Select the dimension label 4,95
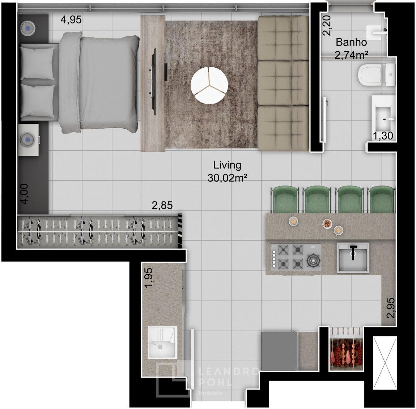tap(71, 20)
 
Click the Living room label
tap(228, 165)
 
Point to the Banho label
tap(351, 42)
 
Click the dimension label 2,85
tap(162, 205)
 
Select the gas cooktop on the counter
tap(296, 257)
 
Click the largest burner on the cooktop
tap(313, 261)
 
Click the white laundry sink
tap(162, 343)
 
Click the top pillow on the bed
tap(37, 62)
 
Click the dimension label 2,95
tap(391, 308)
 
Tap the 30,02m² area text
tap(228, 178)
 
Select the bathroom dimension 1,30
tap(383, 136)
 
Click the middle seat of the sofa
tap(283, 83)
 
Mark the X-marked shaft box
tap(385, 360)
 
